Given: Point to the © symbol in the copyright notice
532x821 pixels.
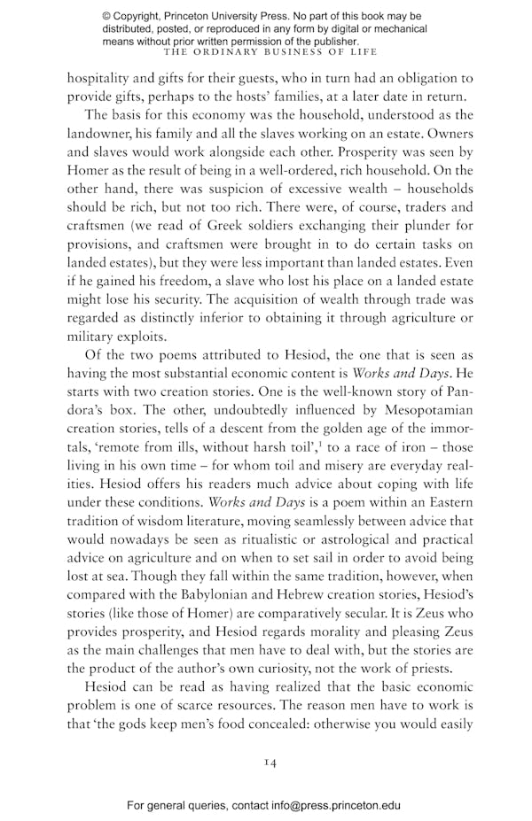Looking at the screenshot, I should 107,17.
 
